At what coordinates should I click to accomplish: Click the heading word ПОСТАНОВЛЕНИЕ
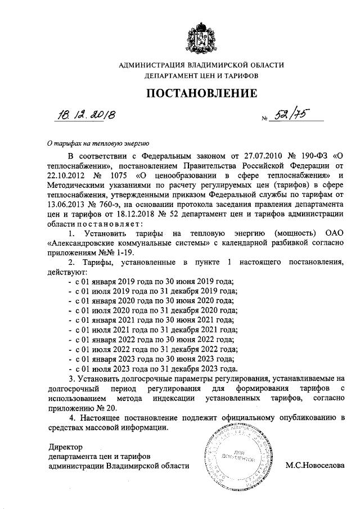pos(202,92)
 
